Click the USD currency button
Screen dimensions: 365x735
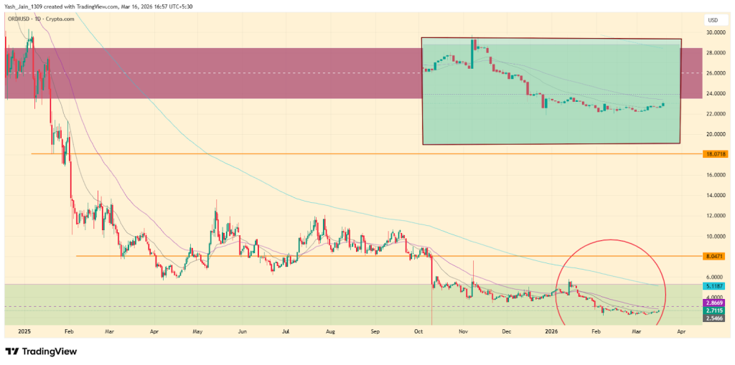point(713,20)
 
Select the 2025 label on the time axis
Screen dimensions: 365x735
point(24,332)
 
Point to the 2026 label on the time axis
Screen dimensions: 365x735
point(551,332)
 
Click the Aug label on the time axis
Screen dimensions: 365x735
point(330,332)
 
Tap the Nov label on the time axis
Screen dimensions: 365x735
point(464,332)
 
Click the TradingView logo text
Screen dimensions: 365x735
point(50,351)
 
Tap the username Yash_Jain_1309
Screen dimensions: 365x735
point(27,7)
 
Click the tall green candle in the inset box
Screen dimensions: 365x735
point(473,54)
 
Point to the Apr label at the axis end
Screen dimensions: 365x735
point(680,332)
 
